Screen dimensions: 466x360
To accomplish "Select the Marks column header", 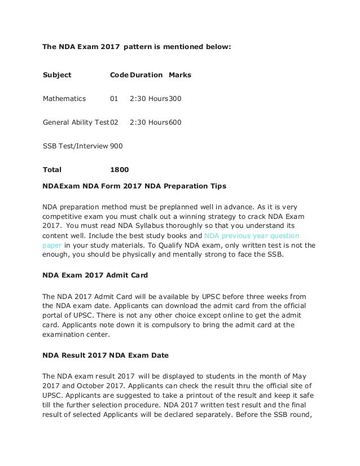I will (180, 74).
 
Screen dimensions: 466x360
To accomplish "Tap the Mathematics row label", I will (64, 98).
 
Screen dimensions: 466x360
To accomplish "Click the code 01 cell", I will (114, 98).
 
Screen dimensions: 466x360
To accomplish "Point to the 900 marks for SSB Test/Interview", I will (116, 145).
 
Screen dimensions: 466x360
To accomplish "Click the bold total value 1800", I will (119, 168).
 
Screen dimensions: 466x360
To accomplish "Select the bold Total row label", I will (52, 168).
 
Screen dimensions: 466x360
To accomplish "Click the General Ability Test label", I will (76, 121).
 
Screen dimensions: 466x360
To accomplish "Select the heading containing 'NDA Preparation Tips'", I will (134, 185).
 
